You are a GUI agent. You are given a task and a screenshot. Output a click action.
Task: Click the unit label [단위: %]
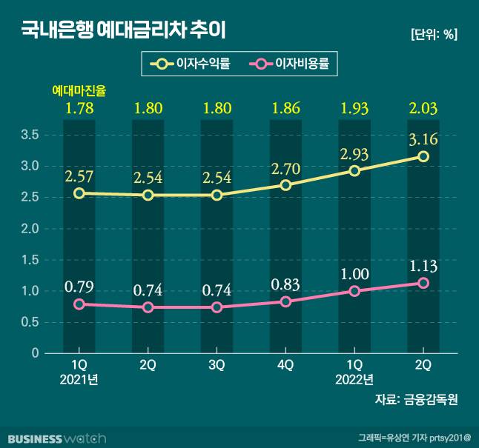433,34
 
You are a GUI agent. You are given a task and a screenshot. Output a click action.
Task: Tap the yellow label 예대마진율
79,91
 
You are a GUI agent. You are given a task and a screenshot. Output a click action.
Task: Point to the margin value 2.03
423,108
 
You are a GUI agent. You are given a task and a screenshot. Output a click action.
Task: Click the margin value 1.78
79,108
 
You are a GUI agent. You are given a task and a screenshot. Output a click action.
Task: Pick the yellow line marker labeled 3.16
423,156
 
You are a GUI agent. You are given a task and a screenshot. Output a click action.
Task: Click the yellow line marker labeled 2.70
285,185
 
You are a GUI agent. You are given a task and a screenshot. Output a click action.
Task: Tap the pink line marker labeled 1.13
423,283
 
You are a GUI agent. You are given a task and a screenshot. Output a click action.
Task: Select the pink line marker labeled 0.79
79,304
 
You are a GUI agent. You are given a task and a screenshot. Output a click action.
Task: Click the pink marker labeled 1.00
354,291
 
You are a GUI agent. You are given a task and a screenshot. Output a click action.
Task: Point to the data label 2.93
354,154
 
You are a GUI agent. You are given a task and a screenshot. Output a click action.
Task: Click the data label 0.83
285,284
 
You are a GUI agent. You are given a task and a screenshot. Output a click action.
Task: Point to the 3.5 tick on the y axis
30,135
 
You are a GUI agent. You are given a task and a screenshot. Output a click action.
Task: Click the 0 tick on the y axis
34,353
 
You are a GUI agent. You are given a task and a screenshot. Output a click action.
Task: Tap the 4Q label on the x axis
285,365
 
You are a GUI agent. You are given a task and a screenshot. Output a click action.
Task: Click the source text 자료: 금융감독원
417,400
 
